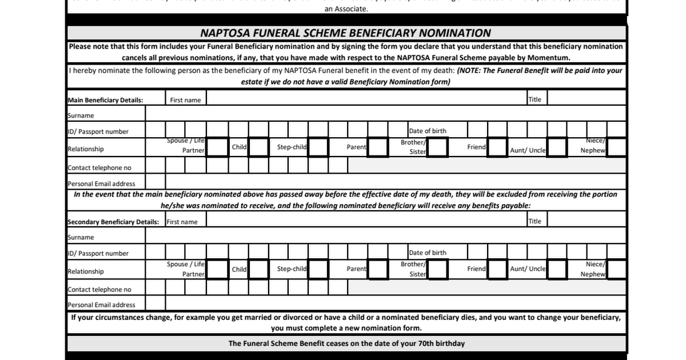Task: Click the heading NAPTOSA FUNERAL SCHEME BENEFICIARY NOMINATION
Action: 345,33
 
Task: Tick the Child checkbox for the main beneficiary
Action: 259,147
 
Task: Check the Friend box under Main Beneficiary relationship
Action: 498,147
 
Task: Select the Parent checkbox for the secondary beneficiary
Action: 378,269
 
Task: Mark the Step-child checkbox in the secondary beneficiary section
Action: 318,269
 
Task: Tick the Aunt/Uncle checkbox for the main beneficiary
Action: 557,147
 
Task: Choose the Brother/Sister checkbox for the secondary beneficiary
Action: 438,269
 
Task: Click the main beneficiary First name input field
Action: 366,99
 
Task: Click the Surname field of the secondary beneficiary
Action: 385,237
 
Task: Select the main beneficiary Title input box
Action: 587,99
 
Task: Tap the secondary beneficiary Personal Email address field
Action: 395,305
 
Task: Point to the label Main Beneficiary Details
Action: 105,100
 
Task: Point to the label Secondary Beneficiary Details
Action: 113,222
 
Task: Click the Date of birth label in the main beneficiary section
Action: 428,131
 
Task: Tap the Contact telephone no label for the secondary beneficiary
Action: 99,290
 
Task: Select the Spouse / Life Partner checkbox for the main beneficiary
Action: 217,147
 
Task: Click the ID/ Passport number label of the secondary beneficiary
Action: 98,253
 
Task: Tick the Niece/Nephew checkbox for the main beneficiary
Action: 616,147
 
